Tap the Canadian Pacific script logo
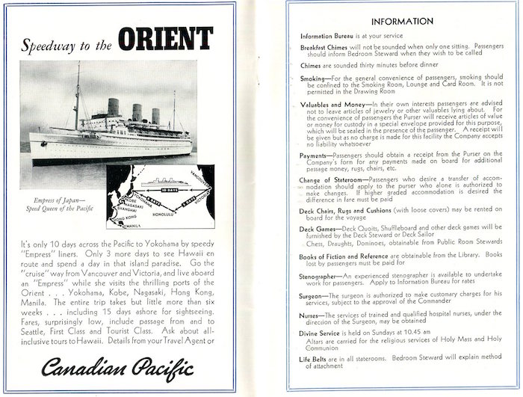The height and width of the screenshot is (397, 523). point(118,368)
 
